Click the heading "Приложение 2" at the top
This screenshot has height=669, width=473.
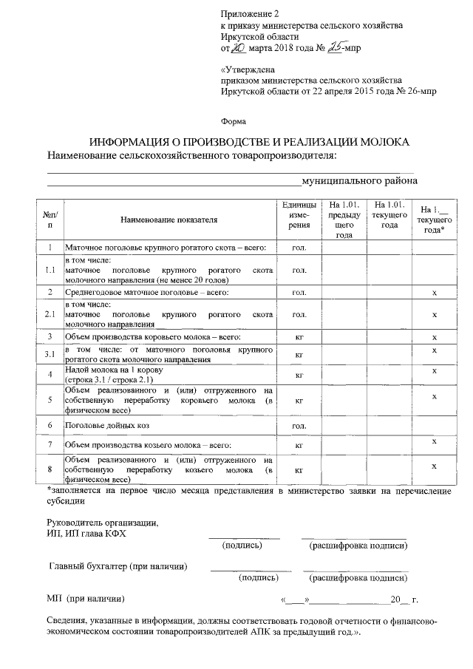(251, 14)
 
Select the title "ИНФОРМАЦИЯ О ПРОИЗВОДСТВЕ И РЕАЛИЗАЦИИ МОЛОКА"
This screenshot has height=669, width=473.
(249, 142)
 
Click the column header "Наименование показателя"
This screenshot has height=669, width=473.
(169, 220)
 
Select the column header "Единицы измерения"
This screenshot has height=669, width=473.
(300, 215)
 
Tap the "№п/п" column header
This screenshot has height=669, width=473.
(50, 219)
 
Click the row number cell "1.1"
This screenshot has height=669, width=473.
(50, 271)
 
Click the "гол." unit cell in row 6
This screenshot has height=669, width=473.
(300, 427)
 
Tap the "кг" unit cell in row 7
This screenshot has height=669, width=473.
(300, 446)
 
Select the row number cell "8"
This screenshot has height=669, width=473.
(50, 469)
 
